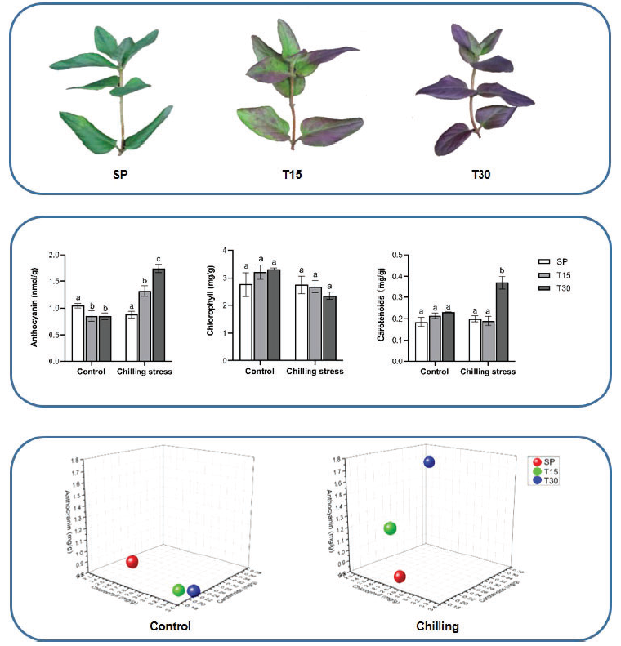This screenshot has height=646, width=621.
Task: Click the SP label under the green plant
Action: [x=121, y=176]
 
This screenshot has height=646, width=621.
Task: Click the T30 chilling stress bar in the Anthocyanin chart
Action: [x=158, y=314]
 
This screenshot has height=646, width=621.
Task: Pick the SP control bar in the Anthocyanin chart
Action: [x=78, y=332]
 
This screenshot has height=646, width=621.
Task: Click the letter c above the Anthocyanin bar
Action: [x=158, y=260]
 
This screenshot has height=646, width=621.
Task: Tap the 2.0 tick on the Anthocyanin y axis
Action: [x=55, y=256]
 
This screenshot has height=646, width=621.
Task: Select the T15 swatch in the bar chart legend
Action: [x=541, y=274]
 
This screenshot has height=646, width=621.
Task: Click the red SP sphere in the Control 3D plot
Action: [x=132, y=562]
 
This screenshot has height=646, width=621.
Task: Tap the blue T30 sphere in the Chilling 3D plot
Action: [x=429, y=462]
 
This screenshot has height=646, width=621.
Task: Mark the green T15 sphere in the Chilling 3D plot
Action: [x=390, y=529]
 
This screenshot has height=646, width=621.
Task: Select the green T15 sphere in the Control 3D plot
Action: [x=179, y=590]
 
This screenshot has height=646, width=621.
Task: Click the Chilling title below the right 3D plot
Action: [x=438, y=626]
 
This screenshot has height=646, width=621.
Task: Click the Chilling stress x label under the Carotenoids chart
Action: [x=488, y=372]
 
